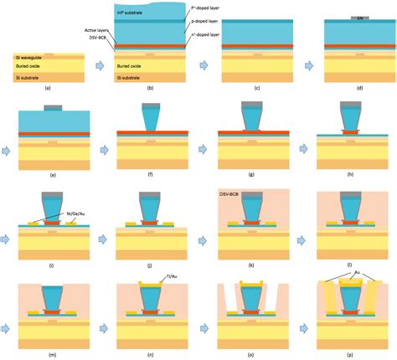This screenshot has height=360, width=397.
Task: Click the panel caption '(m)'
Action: click(x=50, y=353)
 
